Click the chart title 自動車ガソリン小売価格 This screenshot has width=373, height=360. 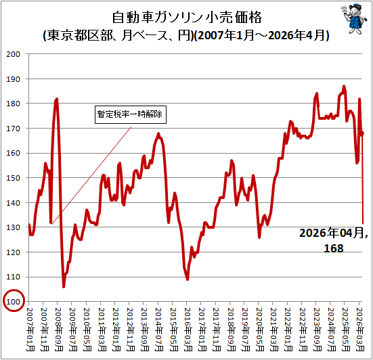click(x=187, y=18)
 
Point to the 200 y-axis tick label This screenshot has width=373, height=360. click(x=13, y=54)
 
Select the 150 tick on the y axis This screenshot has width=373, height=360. click(x=13, y=178)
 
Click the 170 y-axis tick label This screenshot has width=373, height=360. click(x=13, y=129)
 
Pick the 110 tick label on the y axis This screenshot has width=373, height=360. click(x=13, y=277)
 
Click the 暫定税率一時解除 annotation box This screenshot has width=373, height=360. click(x=131, y=114)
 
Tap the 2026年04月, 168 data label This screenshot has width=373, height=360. click(x=333, y=240)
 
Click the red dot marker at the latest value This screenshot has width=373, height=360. click(x=361, y=133)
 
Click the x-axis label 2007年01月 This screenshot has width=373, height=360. click(x=30, y=330)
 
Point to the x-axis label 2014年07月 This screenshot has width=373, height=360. click(x=159, y=330)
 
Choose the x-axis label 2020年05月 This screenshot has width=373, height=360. click(x=259, y=330)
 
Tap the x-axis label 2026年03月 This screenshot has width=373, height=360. click(x=360, y=330)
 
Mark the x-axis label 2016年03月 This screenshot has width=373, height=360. click(x=188, y=330)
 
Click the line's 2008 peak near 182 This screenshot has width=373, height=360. click(x=57, y=99)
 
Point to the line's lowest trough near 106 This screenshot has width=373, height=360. click(x=64, y=286)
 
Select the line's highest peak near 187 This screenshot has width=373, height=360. click(x=344, y=87)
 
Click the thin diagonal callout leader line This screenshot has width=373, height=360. click(x=91, y=175)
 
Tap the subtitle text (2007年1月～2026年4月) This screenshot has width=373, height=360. click(x=262, y=35)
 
